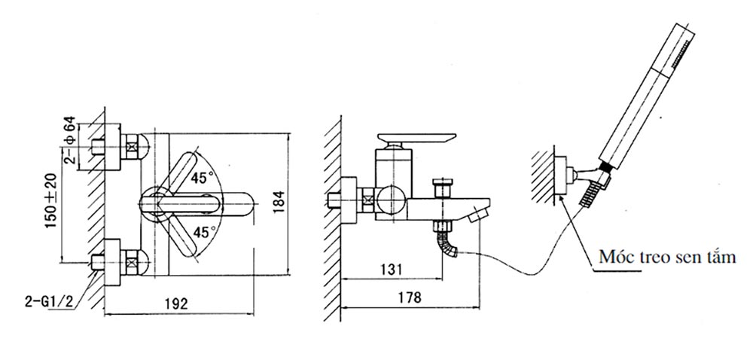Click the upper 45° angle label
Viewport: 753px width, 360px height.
click(201, 179)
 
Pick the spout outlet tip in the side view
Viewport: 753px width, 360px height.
click(475, 217)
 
